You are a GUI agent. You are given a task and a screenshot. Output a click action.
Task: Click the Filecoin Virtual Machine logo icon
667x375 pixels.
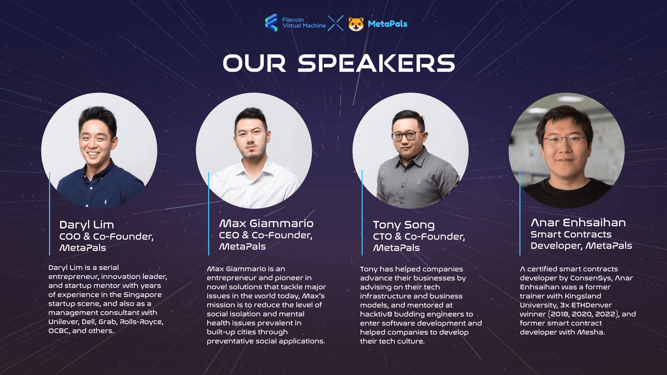tap(271, 22)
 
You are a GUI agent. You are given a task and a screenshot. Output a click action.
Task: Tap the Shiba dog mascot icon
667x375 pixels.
tap(356, 24)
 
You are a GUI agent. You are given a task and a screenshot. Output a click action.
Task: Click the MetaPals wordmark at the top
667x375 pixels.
tap(387, 24)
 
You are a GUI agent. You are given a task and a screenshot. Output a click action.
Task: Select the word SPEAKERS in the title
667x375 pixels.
tap(376, 63)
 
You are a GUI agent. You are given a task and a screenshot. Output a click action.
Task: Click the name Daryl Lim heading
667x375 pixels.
tap(86, 225)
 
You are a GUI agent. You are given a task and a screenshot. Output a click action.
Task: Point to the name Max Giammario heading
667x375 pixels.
tap(266, 223)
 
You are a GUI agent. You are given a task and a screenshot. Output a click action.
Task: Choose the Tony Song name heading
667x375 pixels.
tap(404, 225)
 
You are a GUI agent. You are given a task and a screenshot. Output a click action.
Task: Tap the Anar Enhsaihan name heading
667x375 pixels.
tap(578, 222)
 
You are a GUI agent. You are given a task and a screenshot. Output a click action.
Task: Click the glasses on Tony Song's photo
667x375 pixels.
tap(408, 136)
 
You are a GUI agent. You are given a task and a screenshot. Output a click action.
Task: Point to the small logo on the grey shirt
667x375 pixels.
tap(419, 181)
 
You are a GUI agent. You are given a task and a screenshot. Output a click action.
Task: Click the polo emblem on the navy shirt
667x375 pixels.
tap(105, 202)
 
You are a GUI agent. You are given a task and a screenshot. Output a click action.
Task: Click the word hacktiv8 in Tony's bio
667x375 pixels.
tap(376, 314)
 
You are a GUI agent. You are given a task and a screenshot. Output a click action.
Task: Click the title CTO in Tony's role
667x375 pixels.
tap(383, 237)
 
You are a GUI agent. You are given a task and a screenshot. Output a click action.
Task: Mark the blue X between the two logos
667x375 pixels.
tap(336, 23)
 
